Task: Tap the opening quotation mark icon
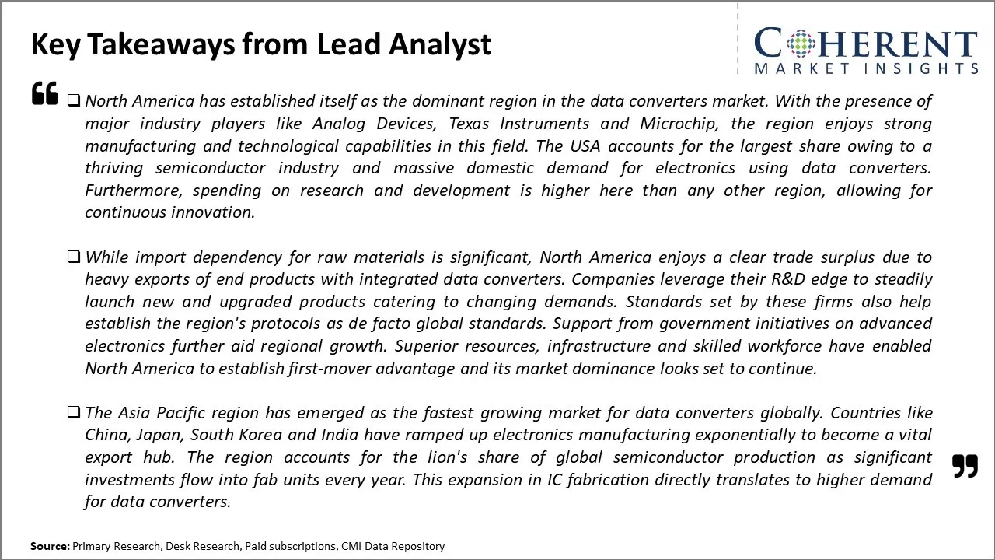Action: click(x=45, y=93)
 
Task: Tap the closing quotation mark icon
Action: click(x=965, y=466)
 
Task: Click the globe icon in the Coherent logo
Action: click(x=801, y=44)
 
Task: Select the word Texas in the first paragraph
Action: click(x=470, y=124)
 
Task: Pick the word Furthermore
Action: click(x=134, y=191)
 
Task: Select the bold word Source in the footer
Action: click(x=49, y=547)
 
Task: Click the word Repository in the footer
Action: click(x=417, y=547)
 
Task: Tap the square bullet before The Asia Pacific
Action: click(x=73, y=412)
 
